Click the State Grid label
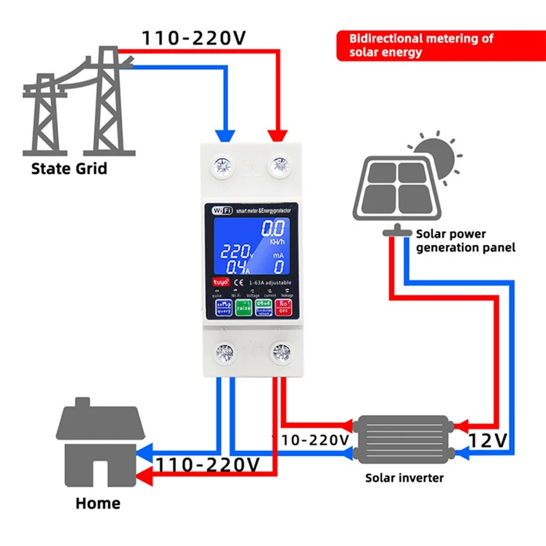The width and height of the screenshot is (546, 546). tap(69, 168)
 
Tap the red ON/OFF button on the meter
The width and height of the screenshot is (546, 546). tap(283, 307)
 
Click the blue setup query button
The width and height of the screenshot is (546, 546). tap(224, 307)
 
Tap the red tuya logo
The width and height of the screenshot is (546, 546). tap(217, 281)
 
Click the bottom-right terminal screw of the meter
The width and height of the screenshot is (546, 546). tap(280, 352)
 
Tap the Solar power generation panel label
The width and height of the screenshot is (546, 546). tap(464, 241)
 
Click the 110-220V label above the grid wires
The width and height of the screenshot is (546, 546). tap(194, 38)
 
